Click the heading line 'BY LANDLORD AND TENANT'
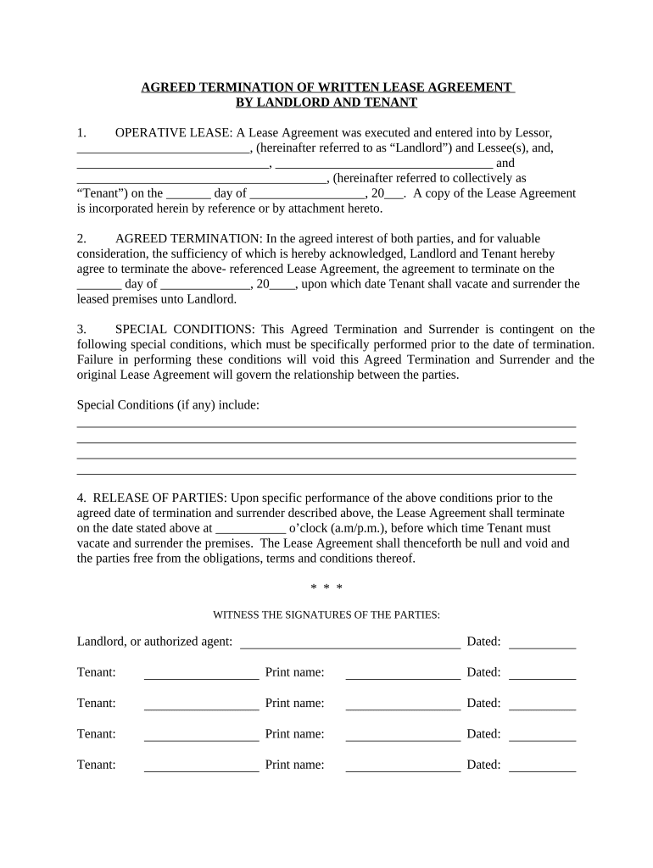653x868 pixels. pos(326,103)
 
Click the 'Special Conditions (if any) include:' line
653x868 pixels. pos(168,405)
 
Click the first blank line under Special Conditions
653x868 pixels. pos(326,426)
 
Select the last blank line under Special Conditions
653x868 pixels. pos(326,473)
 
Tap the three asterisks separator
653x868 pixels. pos(326,587)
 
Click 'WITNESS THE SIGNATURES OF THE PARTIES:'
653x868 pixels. pos(326,615)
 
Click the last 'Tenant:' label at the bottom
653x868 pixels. pos(97,765)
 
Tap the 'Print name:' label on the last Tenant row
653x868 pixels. pos(294,765)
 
